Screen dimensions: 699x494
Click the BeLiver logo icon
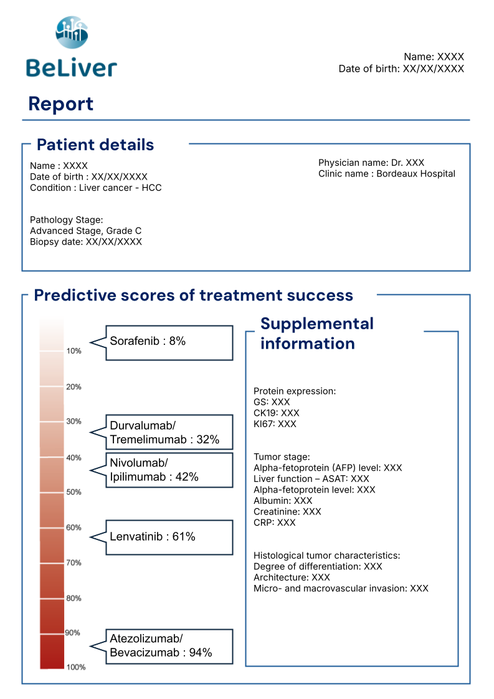point(72,33)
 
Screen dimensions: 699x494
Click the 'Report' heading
point(61,104)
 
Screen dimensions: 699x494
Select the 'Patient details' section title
point(95,145)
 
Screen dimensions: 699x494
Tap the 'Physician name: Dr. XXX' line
point(371,163)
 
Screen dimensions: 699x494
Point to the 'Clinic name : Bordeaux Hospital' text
point(387,174)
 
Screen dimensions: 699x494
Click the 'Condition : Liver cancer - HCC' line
point(96,188)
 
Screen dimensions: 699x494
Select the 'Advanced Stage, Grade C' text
point(86,231)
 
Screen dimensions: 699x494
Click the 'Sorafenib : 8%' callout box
point(169,342)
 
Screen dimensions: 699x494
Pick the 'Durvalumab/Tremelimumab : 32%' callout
point(169,432)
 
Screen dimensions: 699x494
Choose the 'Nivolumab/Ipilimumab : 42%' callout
point(169,470)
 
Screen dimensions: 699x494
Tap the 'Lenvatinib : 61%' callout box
point(169,537)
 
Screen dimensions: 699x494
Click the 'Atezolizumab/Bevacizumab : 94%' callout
point(169,646)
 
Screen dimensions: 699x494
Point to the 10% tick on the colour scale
point(74,351)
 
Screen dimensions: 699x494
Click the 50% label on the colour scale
point(74,492)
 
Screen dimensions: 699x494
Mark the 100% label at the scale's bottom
point(75,667)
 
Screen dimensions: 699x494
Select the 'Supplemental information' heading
point(316,333)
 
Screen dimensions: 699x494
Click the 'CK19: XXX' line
point(277,413)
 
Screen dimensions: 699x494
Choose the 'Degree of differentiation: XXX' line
point(318,566)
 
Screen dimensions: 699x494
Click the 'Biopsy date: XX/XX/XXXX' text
point(86,242)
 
